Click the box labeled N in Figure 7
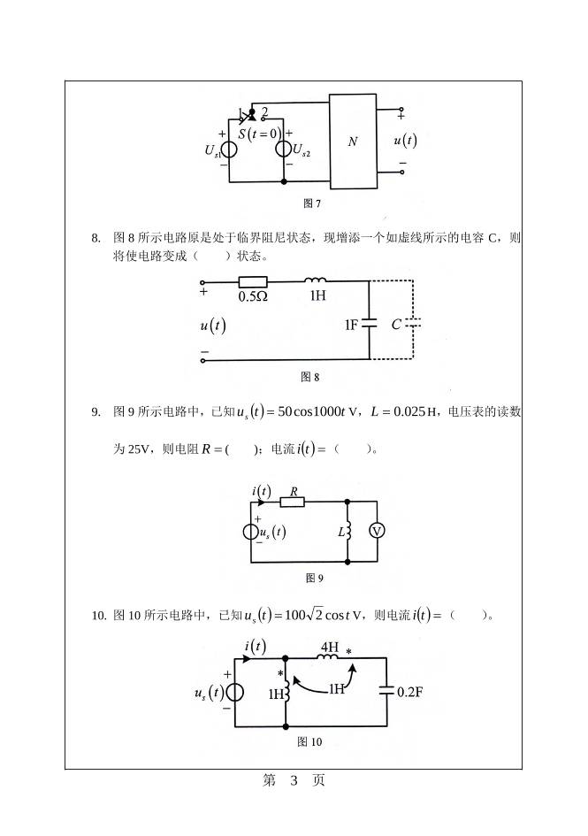352,141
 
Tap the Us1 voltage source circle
229,149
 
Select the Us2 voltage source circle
284,149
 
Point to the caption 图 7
311,203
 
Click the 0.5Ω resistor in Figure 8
254,281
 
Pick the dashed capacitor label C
396,325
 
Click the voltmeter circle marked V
377,531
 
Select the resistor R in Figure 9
293,502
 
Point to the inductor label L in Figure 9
340,532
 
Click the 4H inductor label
328,648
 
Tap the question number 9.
96,411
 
